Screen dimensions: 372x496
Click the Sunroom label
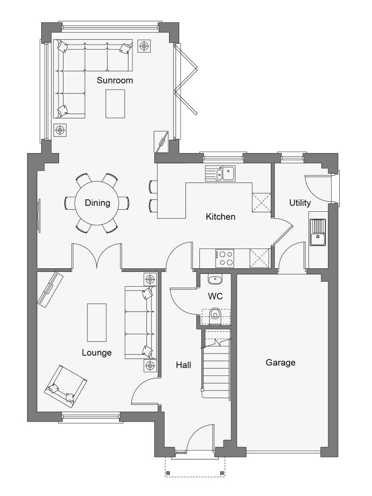point(115,80)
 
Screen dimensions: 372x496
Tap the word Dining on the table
point(97,203)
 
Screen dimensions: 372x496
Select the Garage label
point(280,363)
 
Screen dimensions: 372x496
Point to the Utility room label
point(300,203)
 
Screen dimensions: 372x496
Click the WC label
point(215,297)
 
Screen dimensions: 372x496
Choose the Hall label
point(184,365)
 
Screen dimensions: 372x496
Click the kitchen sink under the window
point(220,173)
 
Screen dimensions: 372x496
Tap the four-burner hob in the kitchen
point(225,258)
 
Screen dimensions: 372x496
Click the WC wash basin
point(215,279)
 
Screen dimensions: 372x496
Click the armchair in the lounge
point(65,386)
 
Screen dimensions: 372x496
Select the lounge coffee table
point(97,322)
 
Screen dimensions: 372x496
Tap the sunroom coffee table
point(115,104)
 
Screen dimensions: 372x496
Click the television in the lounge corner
point(50,290)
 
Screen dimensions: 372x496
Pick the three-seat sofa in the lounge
point(141,323)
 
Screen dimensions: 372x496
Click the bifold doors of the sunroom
point(186,79)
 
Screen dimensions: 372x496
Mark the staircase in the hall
point(216,364)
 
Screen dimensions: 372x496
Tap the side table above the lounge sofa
point(150,279)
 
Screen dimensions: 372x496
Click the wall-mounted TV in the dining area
point(39,216)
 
